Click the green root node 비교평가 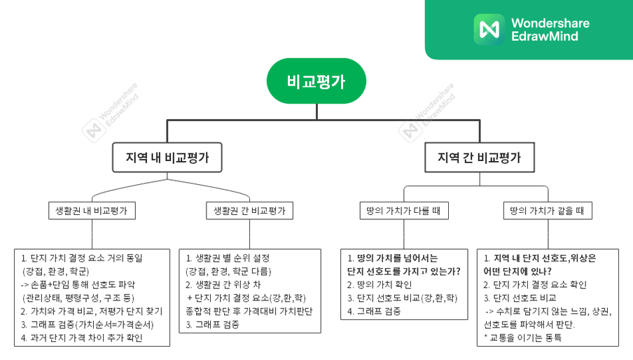(316, 81)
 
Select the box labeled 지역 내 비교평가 (167, 158)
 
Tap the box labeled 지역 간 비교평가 (480, 158)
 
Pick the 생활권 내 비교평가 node (92, 211)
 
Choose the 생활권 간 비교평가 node (249, 211)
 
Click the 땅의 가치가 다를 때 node (404, 211)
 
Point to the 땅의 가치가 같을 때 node (548, 211)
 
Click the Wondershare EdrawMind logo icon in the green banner (489, 29)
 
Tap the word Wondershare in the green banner (550, 23)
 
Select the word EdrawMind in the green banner (545, 36)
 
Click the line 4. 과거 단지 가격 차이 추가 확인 (81, 338)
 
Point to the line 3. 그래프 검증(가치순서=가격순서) (88, 324)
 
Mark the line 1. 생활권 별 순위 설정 (228, 258)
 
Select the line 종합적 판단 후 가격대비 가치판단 (249, 311)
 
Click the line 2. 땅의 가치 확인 (380, 284)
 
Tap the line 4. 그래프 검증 (374, 311)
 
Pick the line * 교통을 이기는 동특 (522, 338)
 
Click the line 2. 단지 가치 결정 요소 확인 (535, 284)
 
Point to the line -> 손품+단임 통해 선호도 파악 (78, 284)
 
